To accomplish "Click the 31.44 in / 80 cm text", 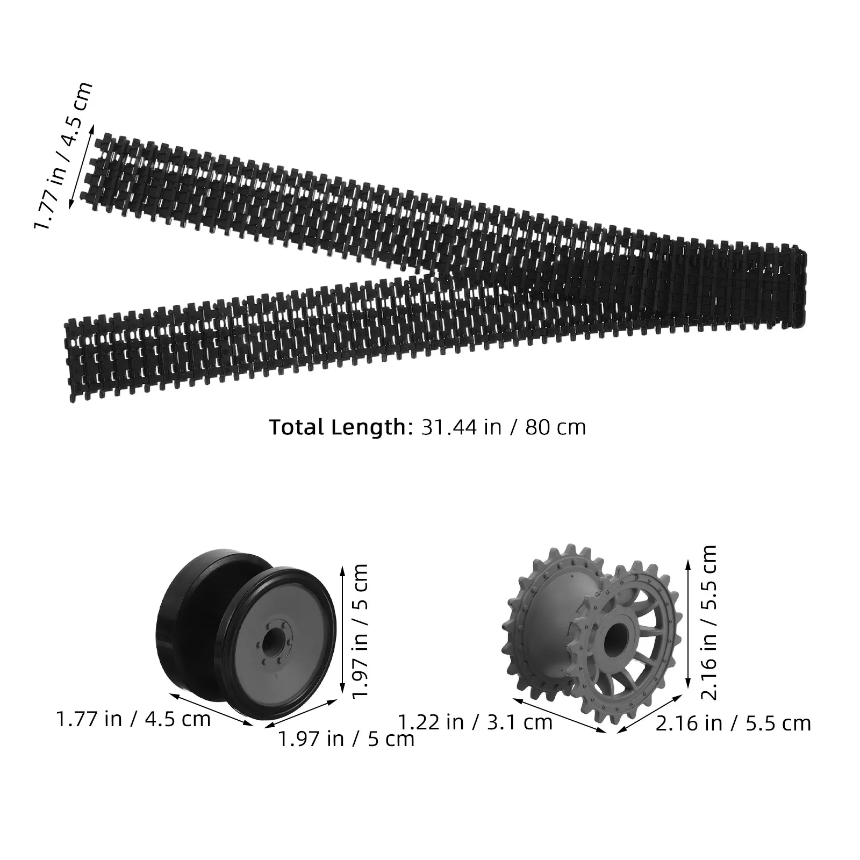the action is click(x=503, y=427).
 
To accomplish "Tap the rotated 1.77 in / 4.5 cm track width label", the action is click(x=63, y=155).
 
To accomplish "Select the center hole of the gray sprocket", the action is click(x=614, y=640).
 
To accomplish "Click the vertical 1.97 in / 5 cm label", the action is click(x=358, y=631).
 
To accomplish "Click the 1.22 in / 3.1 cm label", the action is click(x=475, y=722).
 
